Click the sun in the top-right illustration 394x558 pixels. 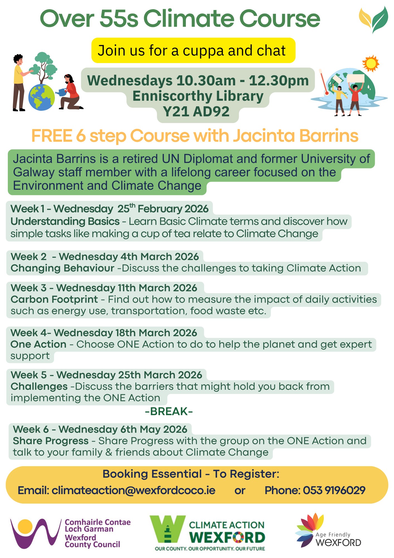coord(371,64)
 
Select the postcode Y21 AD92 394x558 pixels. coord(196,112)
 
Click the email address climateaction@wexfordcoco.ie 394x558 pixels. coord(133,490)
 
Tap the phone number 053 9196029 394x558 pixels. coord(334,490)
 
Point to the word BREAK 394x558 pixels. coord(169,412)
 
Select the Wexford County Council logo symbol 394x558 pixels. coord(35,533)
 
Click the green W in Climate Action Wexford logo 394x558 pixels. coord(167,529)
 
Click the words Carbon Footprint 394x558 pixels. coord(54,299)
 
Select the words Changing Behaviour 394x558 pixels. coord(62,268)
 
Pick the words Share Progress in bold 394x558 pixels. coord(51,441)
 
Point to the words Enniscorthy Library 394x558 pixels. coord(198,96)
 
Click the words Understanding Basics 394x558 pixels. coord(65,221)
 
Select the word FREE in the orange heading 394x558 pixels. coord(52,136)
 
